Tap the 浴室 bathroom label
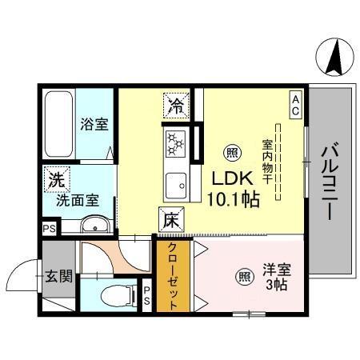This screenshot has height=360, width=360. [94, 124]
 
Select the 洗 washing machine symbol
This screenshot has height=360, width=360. [56, 180]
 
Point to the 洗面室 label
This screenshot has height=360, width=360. [76, 200]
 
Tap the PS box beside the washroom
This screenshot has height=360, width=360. [48, 227]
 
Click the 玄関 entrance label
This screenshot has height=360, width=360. [58, 277]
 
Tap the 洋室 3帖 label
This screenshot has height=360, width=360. [273, 277]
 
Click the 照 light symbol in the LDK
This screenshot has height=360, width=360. [232, 152]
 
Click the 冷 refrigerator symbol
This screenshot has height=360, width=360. [175, 103]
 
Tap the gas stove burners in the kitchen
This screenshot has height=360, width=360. [175, 144]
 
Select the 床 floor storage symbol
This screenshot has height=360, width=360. [170, 218]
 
